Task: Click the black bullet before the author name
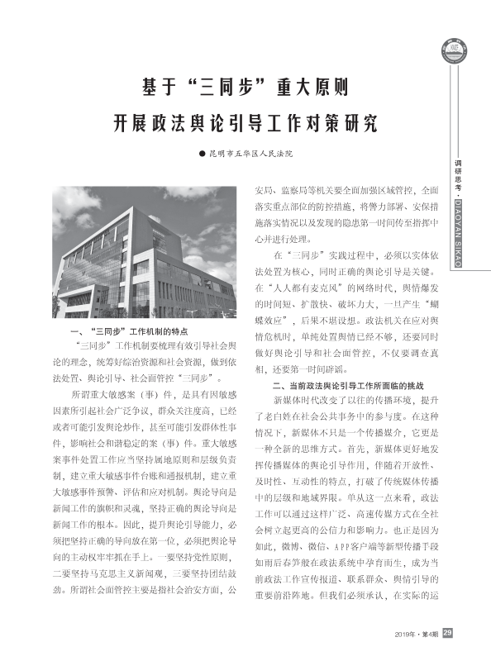(x=200, y=154)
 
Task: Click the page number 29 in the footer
(x=447, y=633)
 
